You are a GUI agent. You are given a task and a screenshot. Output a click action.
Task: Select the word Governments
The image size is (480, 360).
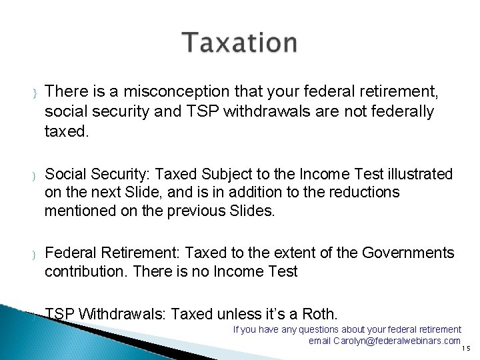(x=409, y=253)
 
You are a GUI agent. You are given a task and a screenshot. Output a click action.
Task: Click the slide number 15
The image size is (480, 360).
(x=466, y=348)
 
